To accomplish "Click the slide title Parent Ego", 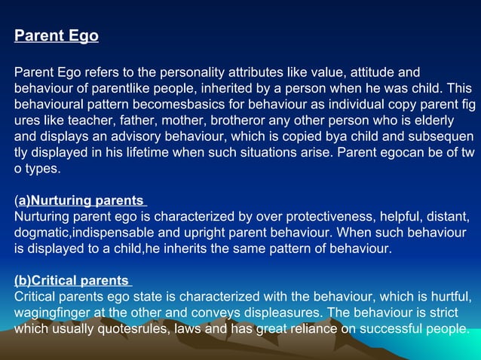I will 57,35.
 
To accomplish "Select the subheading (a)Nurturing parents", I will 81,200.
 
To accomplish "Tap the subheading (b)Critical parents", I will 73,281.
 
